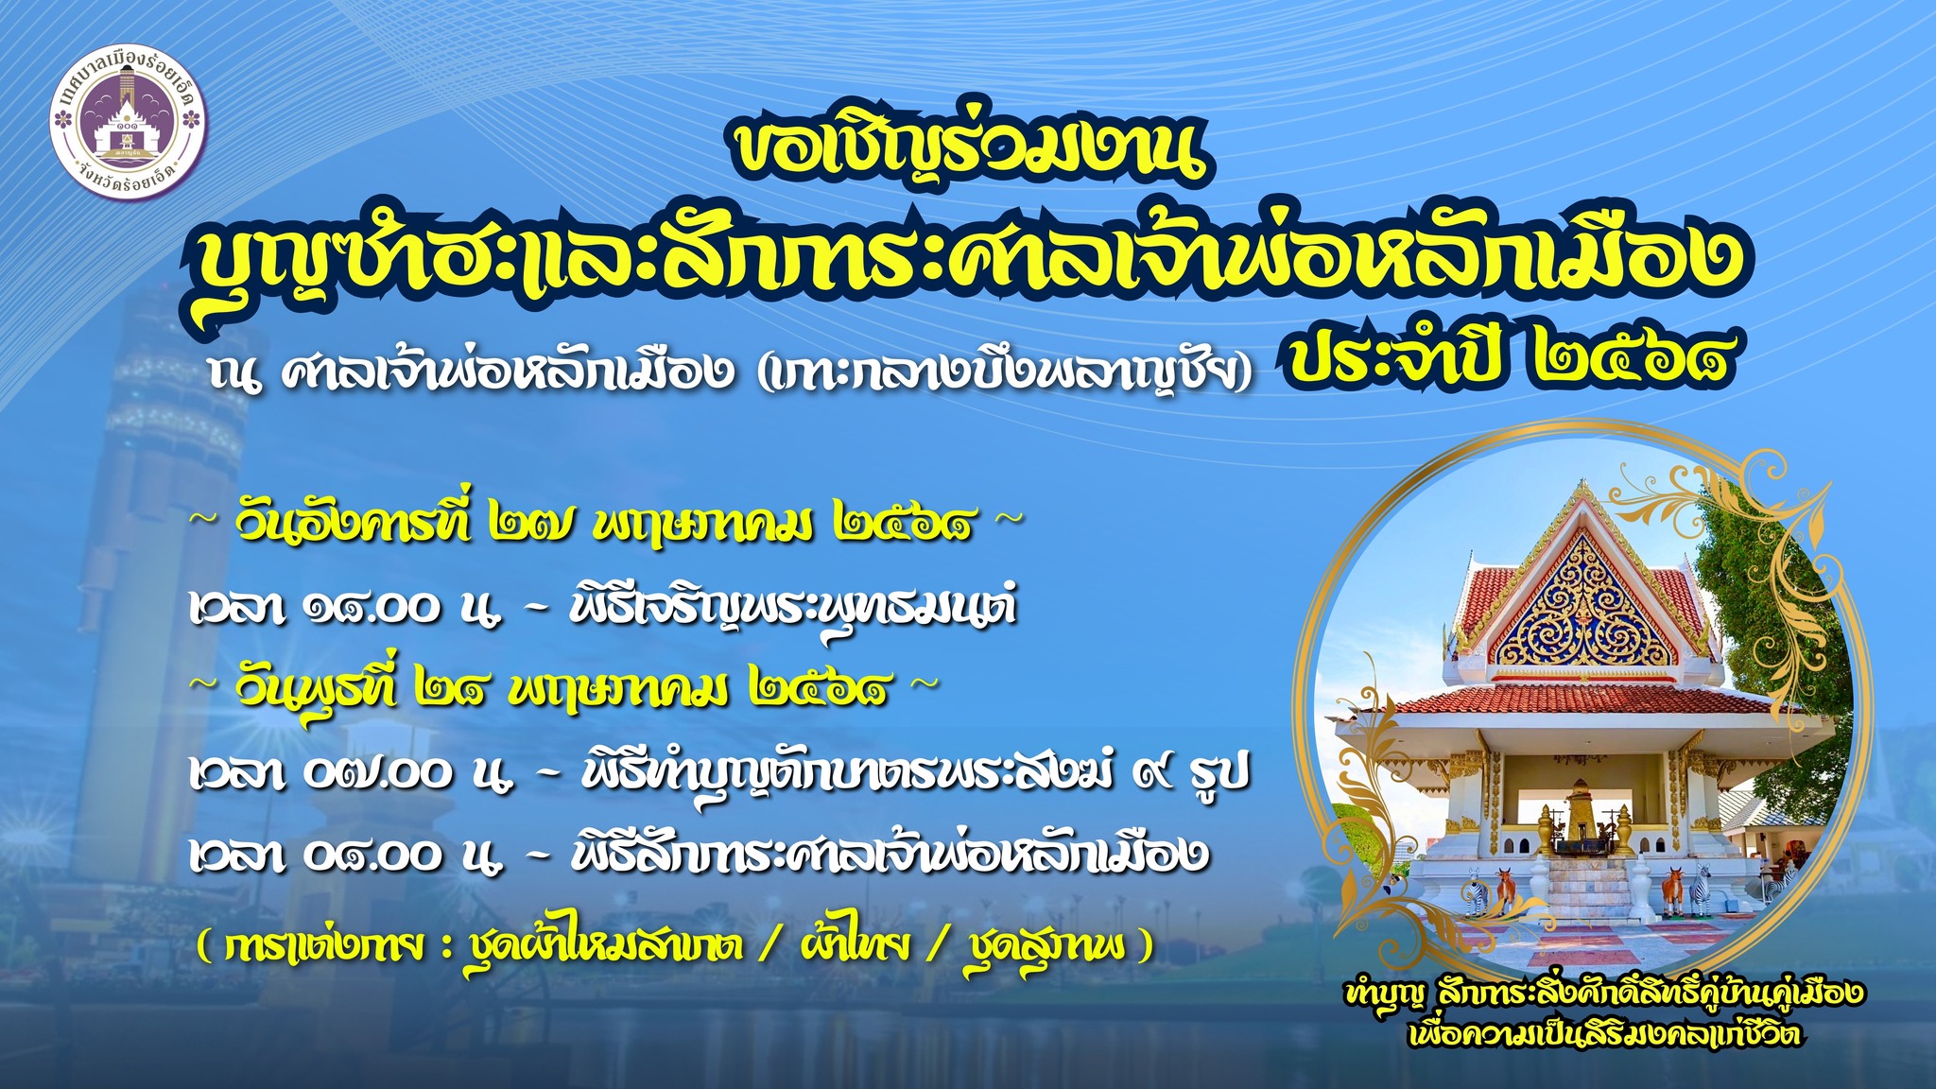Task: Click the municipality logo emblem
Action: (128, 125)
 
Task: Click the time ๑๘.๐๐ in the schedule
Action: (372, 608)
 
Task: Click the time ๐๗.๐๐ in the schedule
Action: (378, 774)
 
